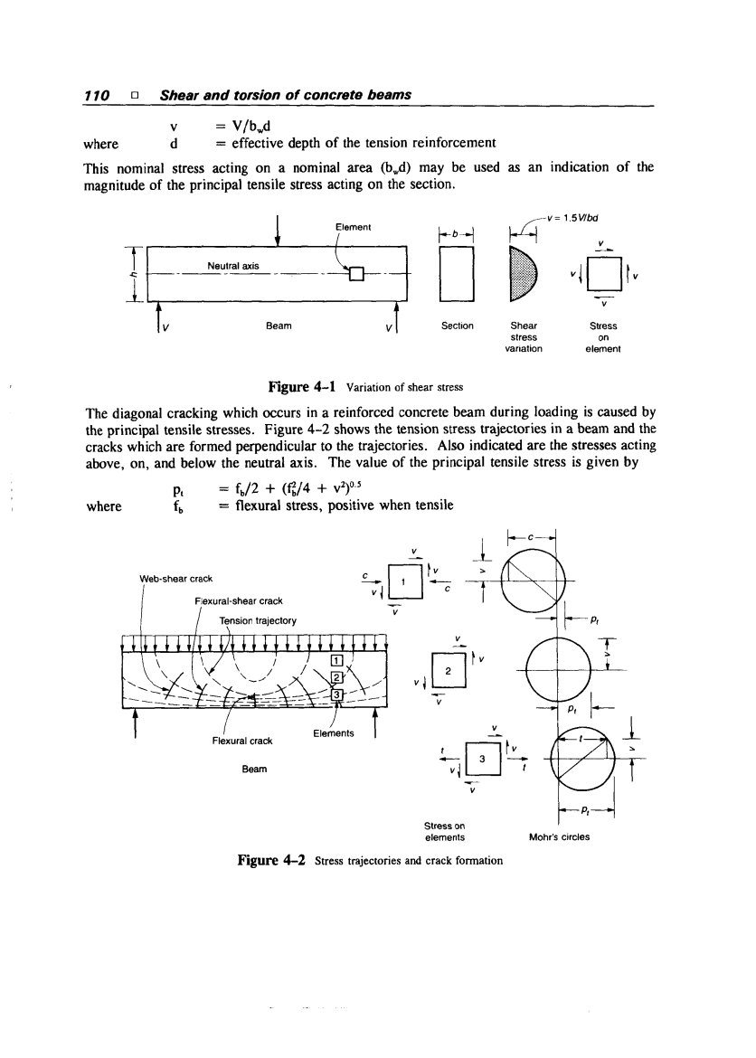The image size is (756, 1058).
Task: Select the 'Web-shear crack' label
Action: pos(177,580)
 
